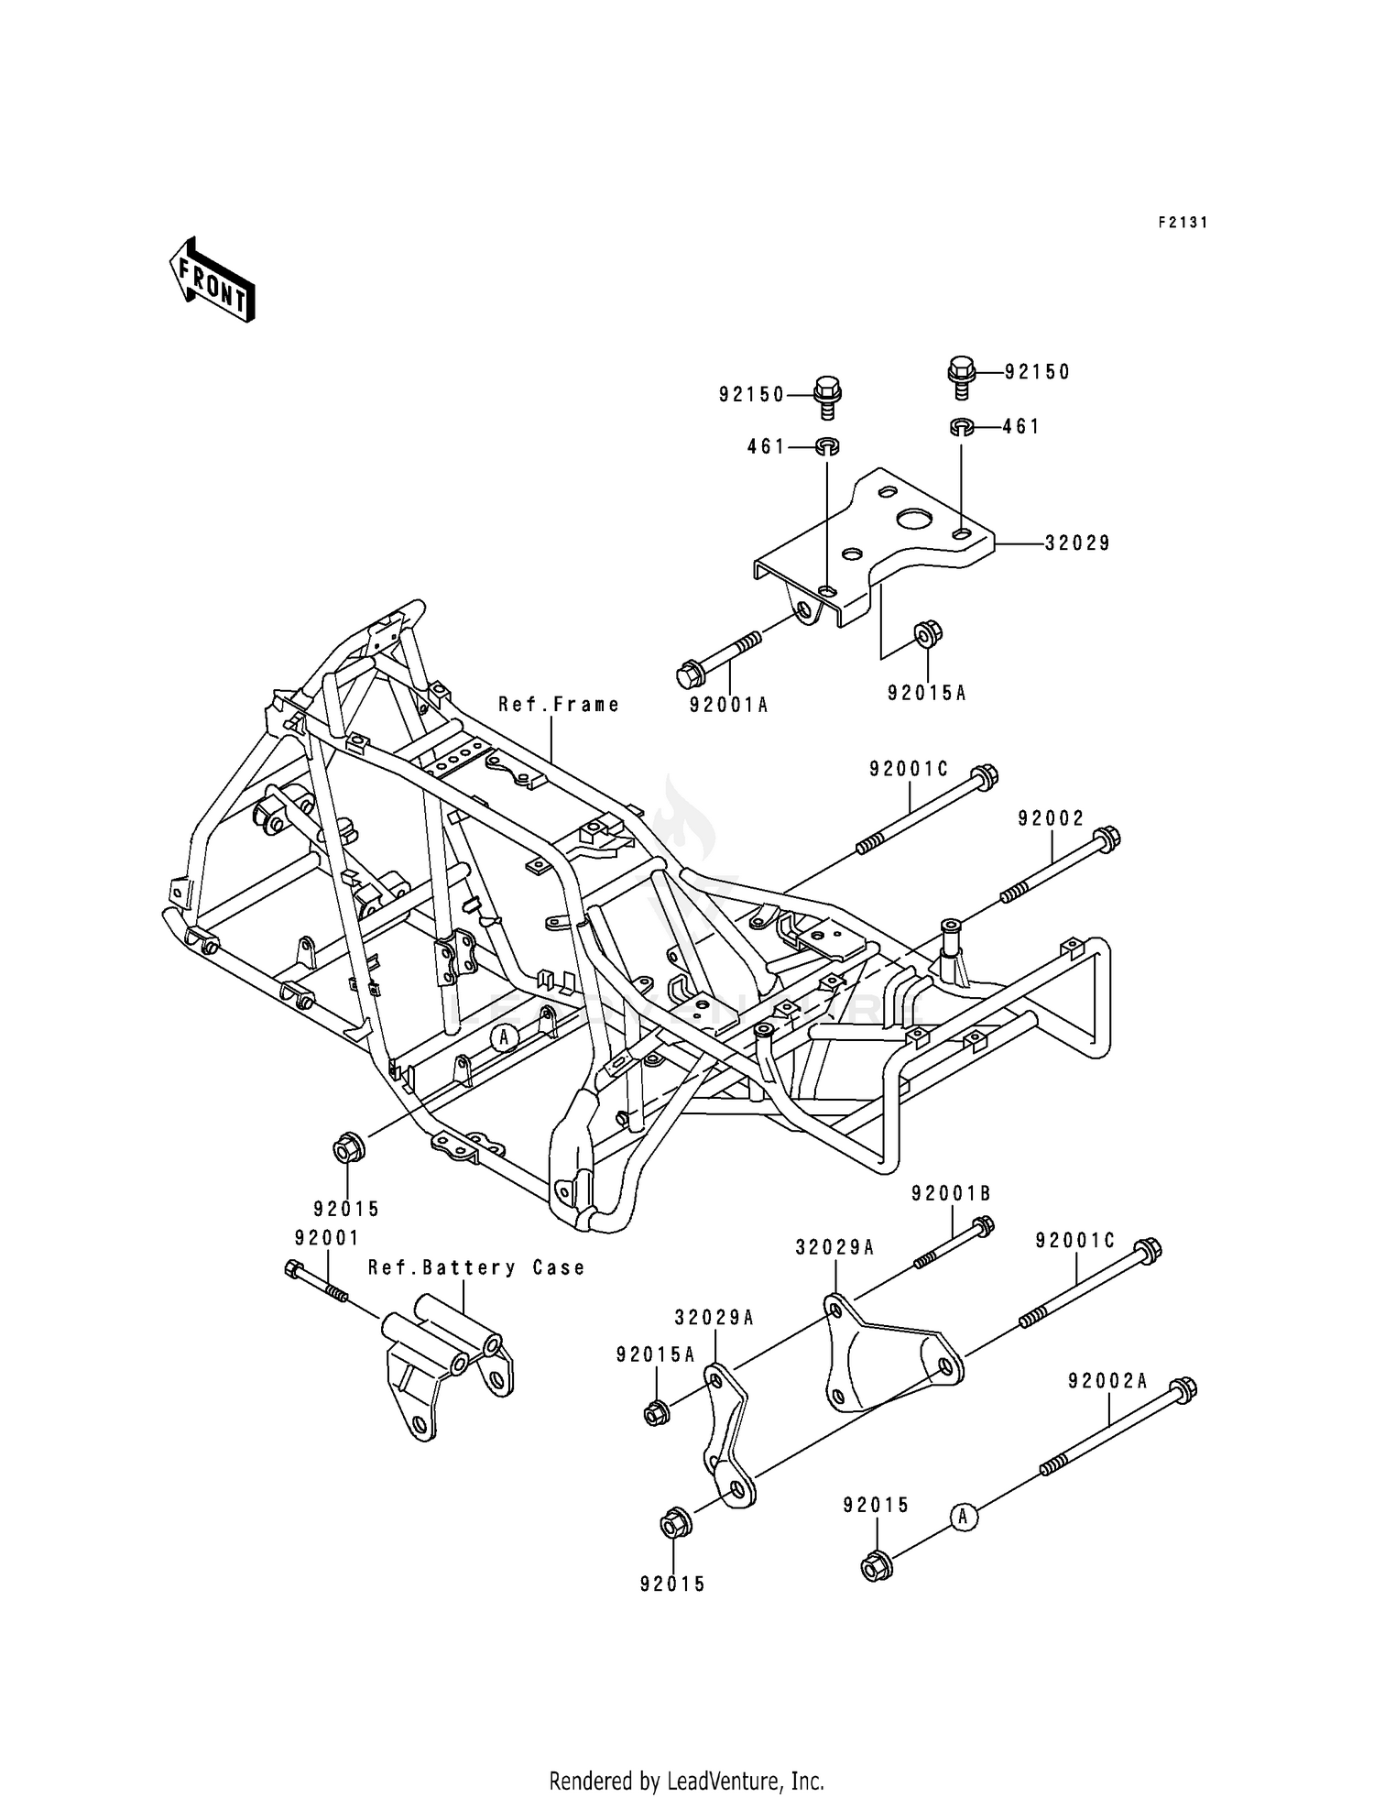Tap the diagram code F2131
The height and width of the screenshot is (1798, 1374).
1182,223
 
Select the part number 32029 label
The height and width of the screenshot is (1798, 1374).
1077,543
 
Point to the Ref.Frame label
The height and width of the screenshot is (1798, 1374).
559,705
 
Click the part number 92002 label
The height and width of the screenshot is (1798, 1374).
1050,818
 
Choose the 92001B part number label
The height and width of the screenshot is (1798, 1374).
951,1193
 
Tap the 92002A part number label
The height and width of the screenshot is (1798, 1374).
1107,1381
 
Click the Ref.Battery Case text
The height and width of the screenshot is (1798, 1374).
476,1267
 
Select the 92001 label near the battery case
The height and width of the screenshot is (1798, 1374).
326,1238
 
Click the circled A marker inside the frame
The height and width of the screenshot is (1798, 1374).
503,1037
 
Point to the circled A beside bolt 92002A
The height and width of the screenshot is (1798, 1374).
962,1517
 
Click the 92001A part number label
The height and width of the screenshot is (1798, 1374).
729,705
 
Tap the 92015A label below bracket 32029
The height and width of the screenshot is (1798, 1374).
926,694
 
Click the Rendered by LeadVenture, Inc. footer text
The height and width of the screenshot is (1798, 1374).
686,1781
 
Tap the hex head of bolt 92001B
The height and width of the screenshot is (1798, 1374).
982,1225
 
